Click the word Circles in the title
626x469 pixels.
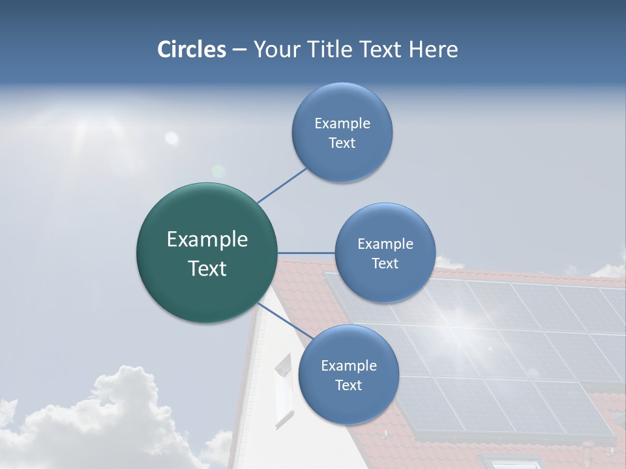[x=191, y=50]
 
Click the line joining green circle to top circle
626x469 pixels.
[x=282, y=185]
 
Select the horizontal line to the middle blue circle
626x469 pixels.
[x=306, y=253]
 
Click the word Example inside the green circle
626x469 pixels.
[x=207, y=240]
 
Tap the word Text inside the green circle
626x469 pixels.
[x=207, y=268]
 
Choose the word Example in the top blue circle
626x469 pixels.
[x=342, y=123]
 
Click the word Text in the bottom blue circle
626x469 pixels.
[x=348, y=385]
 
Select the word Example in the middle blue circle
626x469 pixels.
[x=385, y=244]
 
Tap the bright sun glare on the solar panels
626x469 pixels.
[x=466, y=319]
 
